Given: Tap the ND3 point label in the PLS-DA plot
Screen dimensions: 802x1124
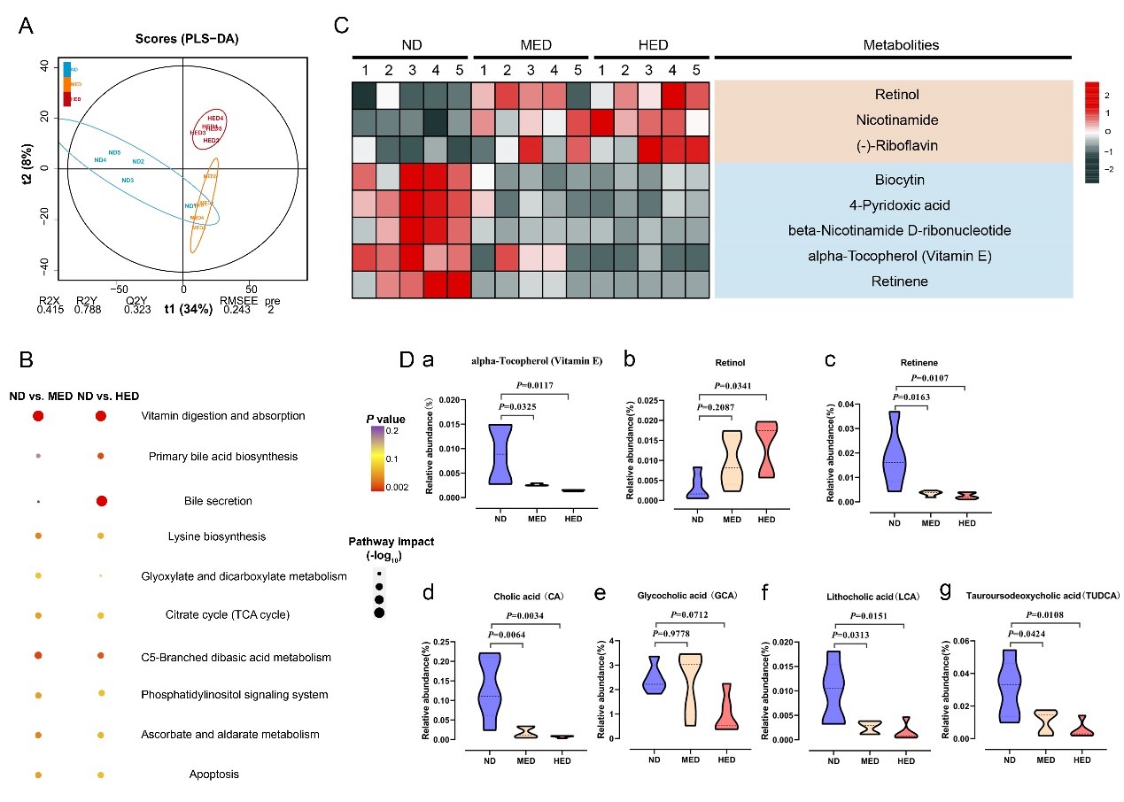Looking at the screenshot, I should (128, 181).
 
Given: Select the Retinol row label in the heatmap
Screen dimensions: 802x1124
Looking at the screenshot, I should (893, 95).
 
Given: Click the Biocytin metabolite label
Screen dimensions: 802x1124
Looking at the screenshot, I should (893, 180).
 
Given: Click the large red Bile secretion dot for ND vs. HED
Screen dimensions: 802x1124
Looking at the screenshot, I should (101, 501).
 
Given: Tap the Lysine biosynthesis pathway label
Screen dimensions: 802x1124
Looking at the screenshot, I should (217, 536).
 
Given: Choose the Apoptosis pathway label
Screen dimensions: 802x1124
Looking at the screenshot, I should (213, 775).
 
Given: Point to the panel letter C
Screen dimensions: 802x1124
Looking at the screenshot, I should (340, 25).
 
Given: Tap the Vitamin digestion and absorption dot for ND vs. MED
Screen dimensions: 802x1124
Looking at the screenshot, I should (38, 416).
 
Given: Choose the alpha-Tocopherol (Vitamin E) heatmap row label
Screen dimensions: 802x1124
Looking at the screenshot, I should (893, 257).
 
